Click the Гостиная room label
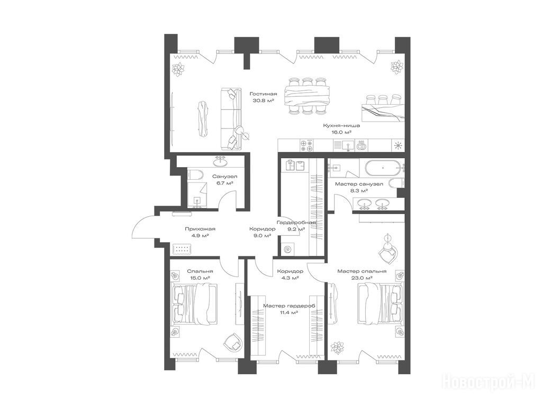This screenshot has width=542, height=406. [x=264, y=94]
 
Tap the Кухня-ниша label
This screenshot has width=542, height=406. [x=341, y=126]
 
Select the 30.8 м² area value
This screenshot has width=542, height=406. [x=264, y=100]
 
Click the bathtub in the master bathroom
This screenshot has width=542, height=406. [x=385, y=168]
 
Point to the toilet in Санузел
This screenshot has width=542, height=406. [x=194, y=174]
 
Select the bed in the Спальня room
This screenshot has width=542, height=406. [x=194, y=304]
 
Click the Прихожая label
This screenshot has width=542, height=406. [x=200, y=229]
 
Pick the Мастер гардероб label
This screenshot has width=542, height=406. [x=289, y=306]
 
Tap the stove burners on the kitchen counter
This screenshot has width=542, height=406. [x=306, y=145]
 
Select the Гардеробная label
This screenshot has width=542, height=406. [x=296, y=223]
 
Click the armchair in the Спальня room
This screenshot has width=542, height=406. [x=233, y=342]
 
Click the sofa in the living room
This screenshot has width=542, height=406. [x=230, y=119]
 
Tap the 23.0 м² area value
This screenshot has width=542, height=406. [x=362, y=278]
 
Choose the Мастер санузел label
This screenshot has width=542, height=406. [x=359, y=184]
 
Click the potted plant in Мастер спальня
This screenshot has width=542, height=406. [x=337, y=348]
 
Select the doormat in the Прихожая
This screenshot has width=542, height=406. [x=182, y=250]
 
